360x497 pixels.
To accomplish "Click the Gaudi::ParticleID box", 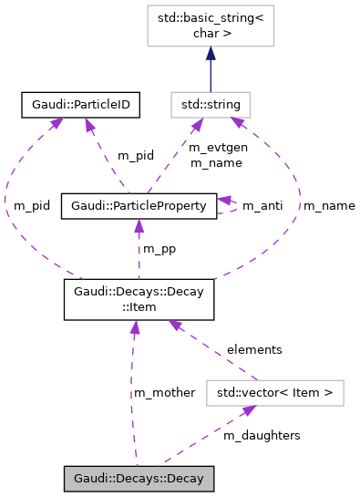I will point(79,105).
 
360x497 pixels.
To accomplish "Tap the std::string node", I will point(210,105).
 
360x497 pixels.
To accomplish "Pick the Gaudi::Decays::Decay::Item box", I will point(139,300).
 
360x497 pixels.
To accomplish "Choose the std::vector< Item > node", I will point(274,393).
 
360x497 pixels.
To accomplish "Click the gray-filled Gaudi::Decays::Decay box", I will point(139,478).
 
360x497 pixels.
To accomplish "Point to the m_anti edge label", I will point(262,206).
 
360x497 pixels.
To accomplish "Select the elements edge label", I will point(254,349).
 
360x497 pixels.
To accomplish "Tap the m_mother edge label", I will point(164,392).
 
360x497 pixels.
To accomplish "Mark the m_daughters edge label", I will point(262,436).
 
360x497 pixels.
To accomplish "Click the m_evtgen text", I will point(213,148).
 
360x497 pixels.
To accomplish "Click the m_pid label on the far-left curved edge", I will point(32,206).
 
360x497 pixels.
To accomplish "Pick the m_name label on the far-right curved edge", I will point(329,206).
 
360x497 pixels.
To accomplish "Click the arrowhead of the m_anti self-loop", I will point(225,201).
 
